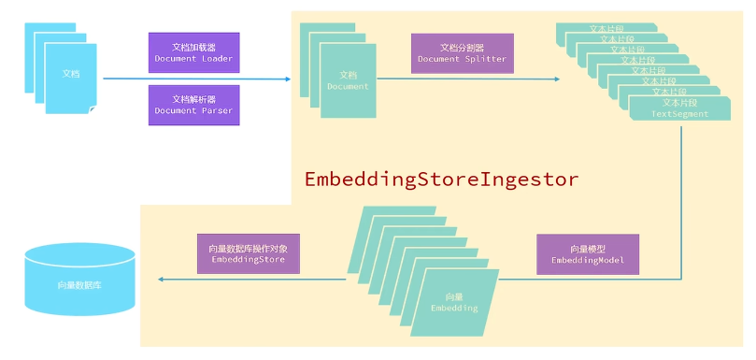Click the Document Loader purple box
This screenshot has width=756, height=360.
pos(193,52)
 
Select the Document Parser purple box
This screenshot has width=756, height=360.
pos(193,105)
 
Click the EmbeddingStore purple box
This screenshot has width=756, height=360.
pos(248,253)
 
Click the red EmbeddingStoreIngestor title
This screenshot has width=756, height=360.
pos(442,179)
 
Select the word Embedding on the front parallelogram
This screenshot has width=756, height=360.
pos(454,307)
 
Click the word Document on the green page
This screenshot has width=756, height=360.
pos(348,86)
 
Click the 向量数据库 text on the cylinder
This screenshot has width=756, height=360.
pos(79,282)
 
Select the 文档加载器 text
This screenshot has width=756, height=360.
pos(193,46)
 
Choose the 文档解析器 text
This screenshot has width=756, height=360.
pos(193,98)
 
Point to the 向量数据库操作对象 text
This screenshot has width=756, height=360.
pos(248,247)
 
